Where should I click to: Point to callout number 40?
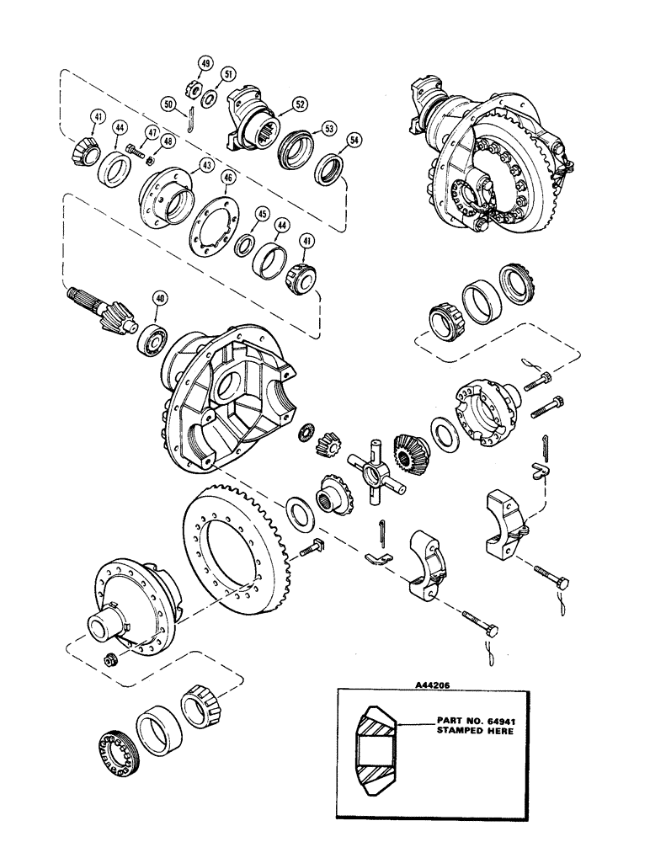coord(158,297)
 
